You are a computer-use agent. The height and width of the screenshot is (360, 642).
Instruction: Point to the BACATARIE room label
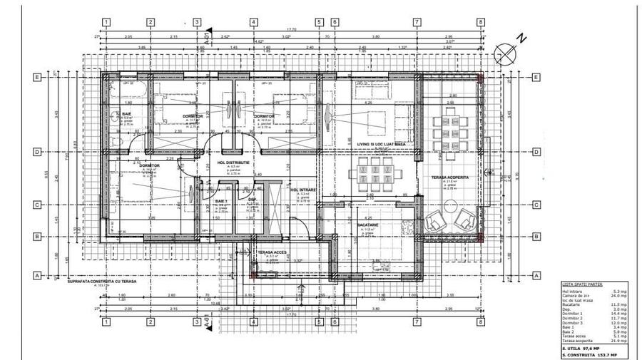367,225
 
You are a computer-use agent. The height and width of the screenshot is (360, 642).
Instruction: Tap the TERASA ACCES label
271,252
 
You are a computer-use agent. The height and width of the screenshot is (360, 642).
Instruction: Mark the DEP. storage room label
252,200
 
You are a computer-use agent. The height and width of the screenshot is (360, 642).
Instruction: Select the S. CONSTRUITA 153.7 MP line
588,354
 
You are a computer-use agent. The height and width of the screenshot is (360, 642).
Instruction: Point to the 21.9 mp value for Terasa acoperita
618,341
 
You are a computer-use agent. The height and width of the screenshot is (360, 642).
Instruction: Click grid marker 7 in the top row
416,22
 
